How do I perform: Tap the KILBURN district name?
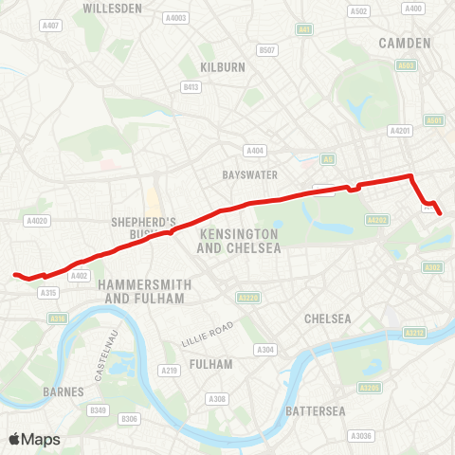(x=223, y=67)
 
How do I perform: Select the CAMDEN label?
(x=404, y=43)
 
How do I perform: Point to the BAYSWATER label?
(x=248, y=175)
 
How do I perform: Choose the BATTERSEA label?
(x=315, y=410)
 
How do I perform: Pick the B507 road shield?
(x=267, y=49)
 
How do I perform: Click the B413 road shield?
(x=191, y=86)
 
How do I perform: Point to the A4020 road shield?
(x=38, y=221)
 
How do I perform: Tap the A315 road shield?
(x=49, y=294)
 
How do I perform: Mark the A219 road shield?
(x=170, y=371)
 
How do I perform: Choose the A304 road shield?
(x=266, y=350)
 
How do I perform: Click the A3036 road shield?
(x=360, y=435)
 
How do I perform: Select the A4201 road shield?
(x=399, y=131)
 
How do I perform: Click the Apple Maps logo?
(x=34, y=439)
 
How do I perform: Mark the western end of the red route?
(x=15, y=275)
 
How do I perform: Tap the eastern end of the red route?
(x=440, y=213)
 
